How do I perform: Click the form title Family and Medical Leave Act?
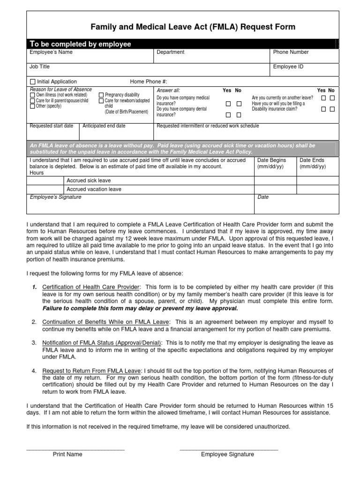click(193, 27)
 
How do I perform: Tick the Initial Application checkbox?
click(32, 82)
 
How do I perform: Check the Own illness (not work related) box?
click(32, 95)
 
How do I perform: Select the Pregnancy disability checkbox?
click(101, 95)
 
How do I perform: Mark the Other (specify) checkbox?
click(32, 106)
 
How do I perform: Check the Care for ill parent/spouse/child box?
click(32, 101)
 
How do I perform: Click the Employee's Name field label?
click(51, 52)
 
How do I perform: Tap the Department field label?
click(170, 52)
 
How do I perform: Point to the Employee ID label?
click(288, 67)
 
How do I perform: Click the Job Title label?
click(40, 67)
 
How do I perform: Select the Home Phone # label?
click(148, 82)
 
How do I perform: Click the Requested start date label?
click(51, 126)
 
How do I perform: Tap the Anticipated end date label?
click(104, 126)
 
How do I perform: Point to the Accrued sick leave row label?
click(89, 180)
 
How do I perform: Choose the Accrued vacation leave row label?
click(94, 189)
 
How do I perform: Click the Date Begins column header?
click(272, 160)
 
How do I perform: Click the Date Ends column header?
click(313, 160)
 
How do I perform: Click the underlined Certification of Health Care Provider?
click(91, 287)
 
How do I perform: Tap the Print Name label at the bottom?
click(67, 454)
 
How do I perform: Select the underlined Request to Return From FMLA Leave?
click(91, 371)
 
